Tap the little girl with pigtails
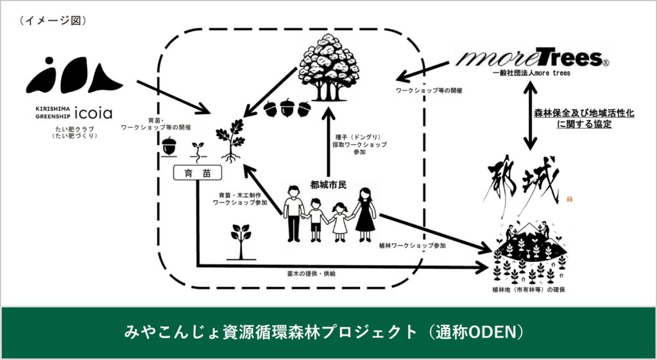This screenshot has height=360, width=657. [338, 222]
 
